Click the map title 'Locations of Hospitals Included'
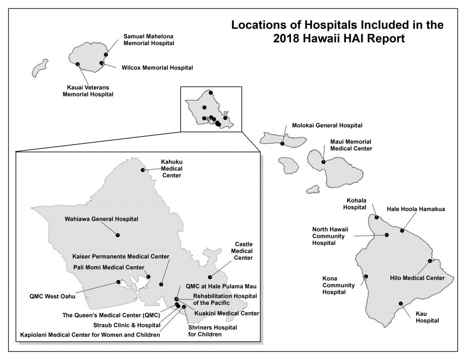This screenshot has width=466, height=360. click(x=337, y=25)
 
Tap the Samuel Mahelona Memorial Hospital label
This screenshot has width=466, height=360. click(x=149, y=40)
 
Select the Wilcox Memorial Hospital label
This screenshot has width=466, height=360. click(x=157, y=68)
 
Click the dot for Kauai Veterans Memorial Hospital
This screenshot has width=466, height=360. click(x=78, y=64)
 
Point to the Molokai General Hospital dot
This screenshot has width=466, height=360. click(x=283, y=143)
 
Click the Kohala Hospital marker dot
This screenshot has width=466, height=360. click(x=376, y=217)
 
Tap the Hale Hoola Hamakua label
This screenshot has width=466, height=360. click(x=415, y=209)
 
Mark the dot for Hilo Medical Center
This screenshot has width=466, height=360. click(x=430, y=261)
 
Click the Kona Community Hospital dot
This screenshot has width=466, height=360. click(x=366, y=276)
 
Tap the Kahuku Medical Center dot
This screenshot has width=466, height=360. click(x=143, y=170)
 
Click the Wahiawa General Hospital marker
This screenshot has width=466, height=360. click(x=117, y=235)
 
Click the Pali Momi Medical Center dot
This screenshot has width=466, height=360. click(x=148, y=277)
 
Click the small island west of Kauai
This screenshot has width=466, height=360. click(x=40, y=68)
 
